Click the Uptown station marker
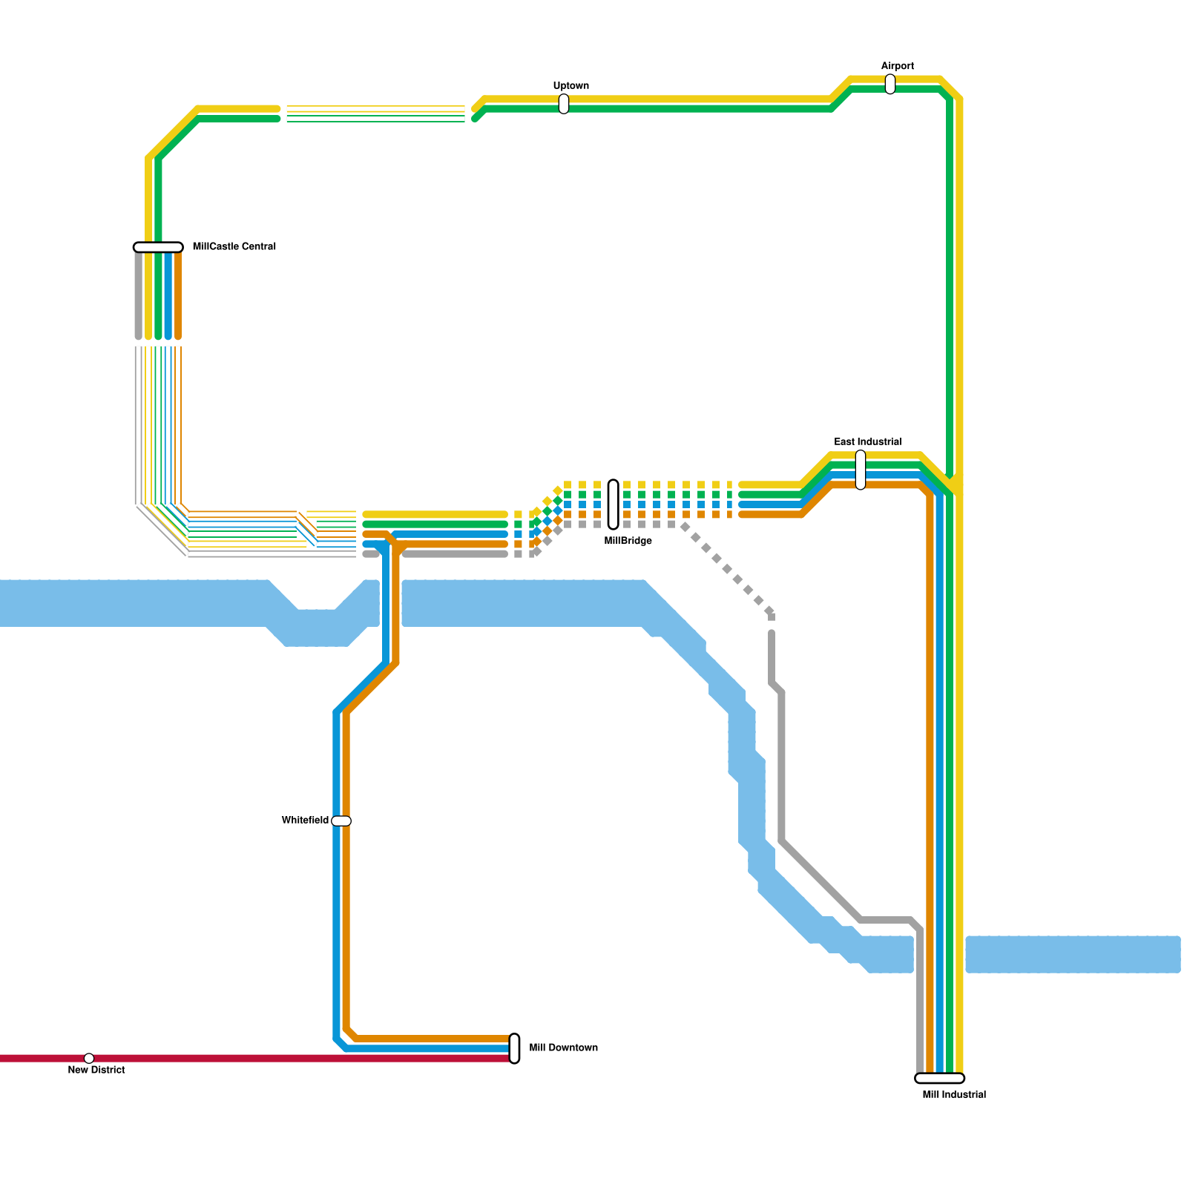coord(564,104)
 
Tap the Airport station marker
coord(890,85)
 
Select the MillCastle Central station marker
coord(158,247)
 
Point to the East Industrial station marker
coord(861,470)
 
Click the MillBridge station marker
coord(614,504)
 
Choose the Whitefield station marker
coord(341,821)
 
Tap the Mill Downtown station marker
coord(514,1048)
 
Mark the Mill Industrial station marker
coord(940,1078)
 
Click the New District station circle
coord(89,1058)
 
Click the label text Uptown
coord(571,86)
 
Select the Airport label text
coord(898,66)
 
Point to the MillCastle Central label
coord(234,246)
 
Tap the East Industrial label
coord(868,441)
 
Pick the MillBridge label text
coord(628,541)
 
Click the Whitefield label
coord(305,821)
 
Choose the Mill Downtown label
coord(563,1048)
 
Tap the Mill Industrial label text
coord(954,1094)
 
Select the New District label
coord(96,1070)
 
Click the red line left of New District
coord(42,1058)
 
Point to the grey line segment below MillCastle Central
coord(139,295)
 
